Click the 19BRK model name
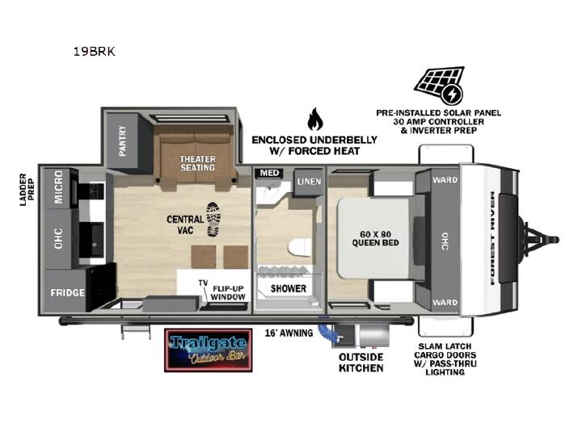tap(95, 51)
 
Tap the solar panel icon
tap(440, 86)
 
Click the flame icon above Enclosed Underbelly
tap(314, 119)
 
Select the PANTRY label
tap(122, 140)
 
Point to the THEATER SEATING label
tap(197, 163)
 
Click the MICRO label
tap(59, 187)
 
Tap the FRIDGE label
tap(67, 292)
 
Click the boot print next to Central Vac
tap(213, 220)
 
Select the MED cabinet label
tap(269, 173)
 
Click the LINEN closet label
tap(309, 182)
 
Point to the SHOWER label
tap(289, 288)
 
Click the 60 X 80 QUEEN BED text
tap(375, 238)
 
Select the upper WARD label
tap(445, 180)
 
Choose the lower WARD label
tap(445, 302)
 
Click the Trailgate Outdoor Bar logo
tap(209, 350)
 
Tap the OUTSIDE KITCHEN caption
tap(361, 363)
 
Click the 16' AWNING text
tap(289, 333)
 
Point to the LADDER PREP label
tap(27, 190)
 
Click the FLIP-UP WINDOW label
tap(228, 293)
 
